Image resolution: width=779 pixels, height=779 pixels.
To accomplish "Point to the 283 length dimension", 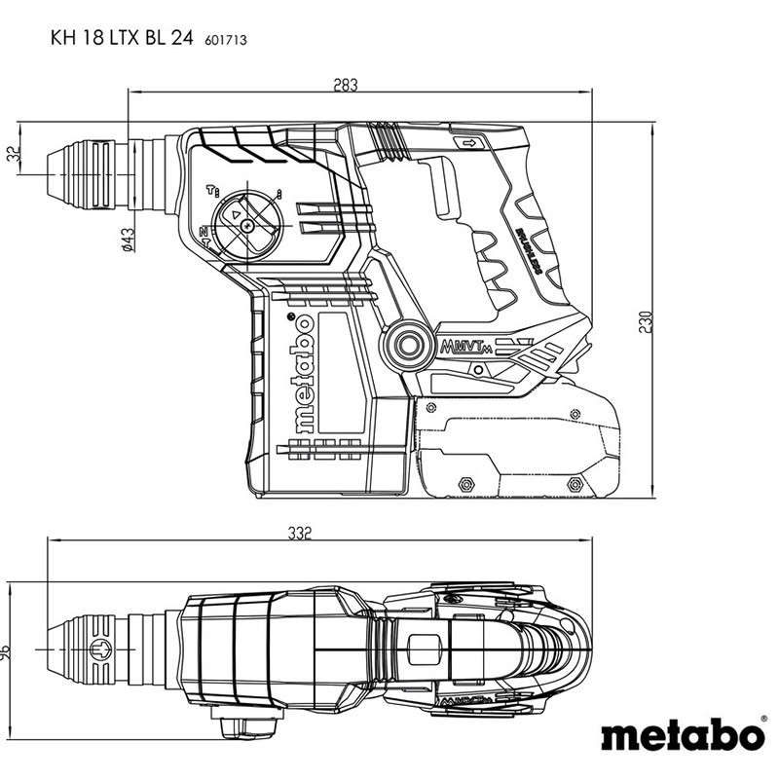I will click(344, 85).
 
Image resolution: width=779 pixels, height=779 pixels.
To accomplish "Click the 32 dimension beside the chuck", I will click(13, 156).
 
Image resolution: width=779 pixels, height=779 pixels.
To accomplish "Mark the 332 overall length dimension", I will click(299, 534).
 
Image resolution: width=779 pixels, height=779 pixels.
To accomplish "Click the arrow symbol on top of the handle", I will click(471, 145).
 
